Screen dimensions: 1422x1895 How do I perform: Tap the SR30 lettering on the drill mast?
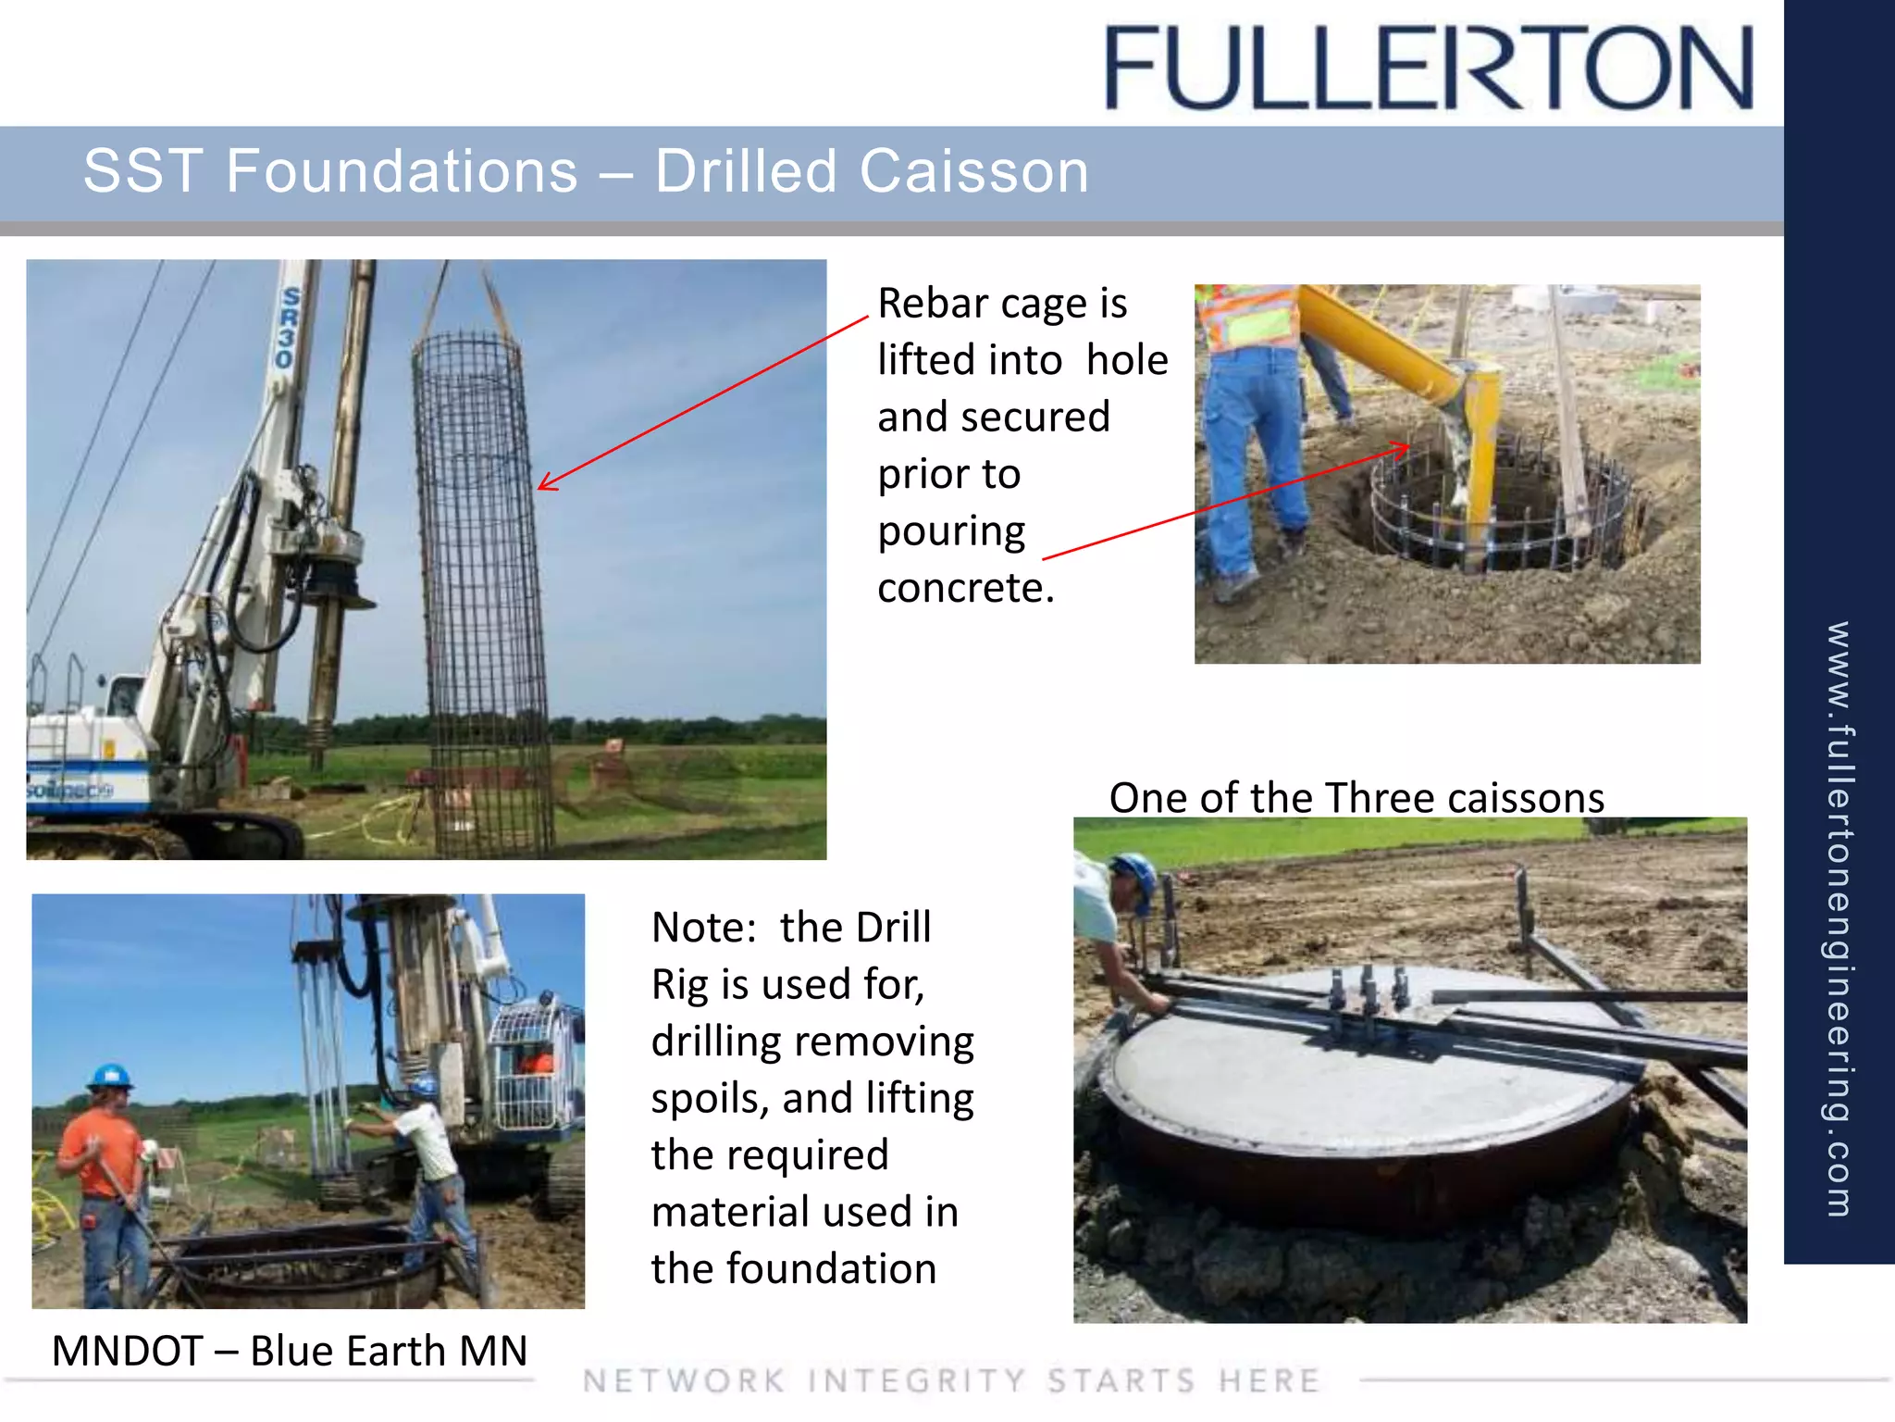[288, 328]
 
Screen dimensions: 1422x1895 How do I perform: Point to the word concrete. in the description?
[965, 588]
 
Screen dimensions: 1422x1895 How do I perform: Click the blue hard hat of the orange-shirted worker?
[110, 1077]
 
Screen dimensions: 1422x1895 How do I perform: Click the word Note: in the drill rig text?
[704, 928]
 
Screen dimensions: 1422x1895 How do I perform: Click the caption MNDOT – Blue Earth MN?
[289, 1351]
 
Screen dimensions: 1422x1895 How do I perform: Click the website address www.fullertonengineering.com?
[1839, 917]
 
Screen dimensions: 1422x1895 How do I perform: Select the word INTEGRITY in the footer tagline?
[916, 1381]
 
